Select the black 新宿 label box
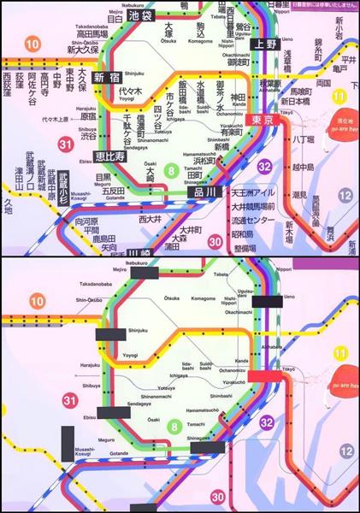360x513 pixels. click(x=106, y=77)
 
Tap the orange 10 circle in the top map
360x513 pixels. click(x=33, y=44)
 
